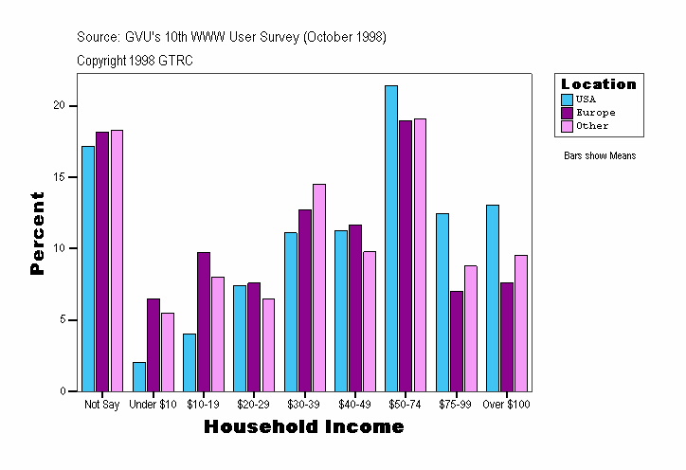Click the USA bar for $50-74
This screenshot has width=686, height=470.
coord(391,238)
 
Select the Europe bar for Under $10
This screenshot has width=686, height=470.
coord(153,345)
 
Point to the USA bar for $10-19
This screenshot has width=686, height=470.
coord(190,362)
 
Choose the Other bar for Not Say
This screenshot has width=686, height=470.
coord(117,261)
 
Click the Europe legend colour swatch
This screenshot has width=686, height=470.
coord(568,112)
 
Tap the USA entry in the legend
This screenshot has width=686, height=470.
coord(586,99)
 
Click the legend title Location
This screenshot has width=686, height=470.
coord(599,83)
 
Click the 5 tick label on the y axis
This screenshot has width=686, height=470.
coord(64,319)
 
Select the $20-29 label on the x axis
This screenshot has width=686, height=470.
coord(253,405)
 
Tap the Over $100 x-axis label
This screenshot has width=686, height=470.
coord(507,405)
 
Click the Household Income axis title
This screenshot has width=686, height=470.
coord(304,427)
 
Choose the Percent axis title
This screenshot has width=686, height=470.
coord(38,233)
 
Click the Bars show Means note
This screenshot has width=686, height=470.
coord(600,155)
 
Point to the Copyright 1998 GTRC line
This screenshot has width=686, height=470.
coord(135,60)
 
